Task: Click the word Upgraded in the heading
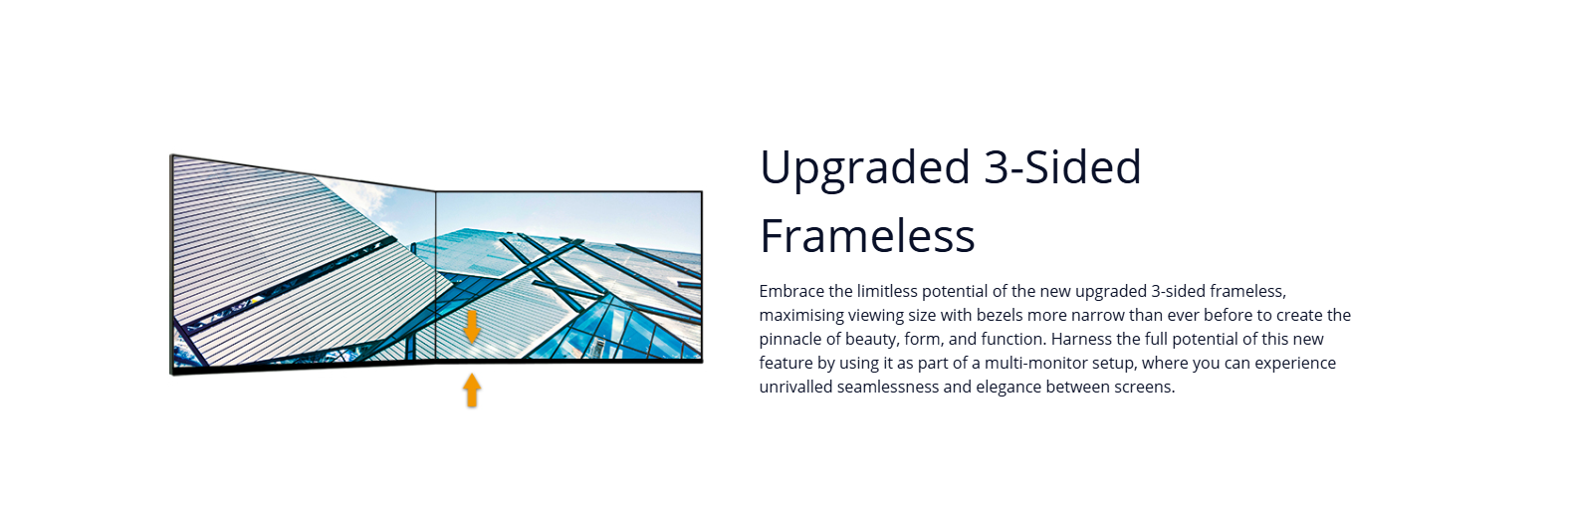click(865, 168)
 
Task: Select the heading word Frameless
click(868, 235)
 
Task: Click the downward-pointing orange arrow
click(473, 327)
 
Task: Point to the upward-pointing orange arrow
click(473, 391)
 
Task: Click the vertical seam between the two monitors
click(436, 276)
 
